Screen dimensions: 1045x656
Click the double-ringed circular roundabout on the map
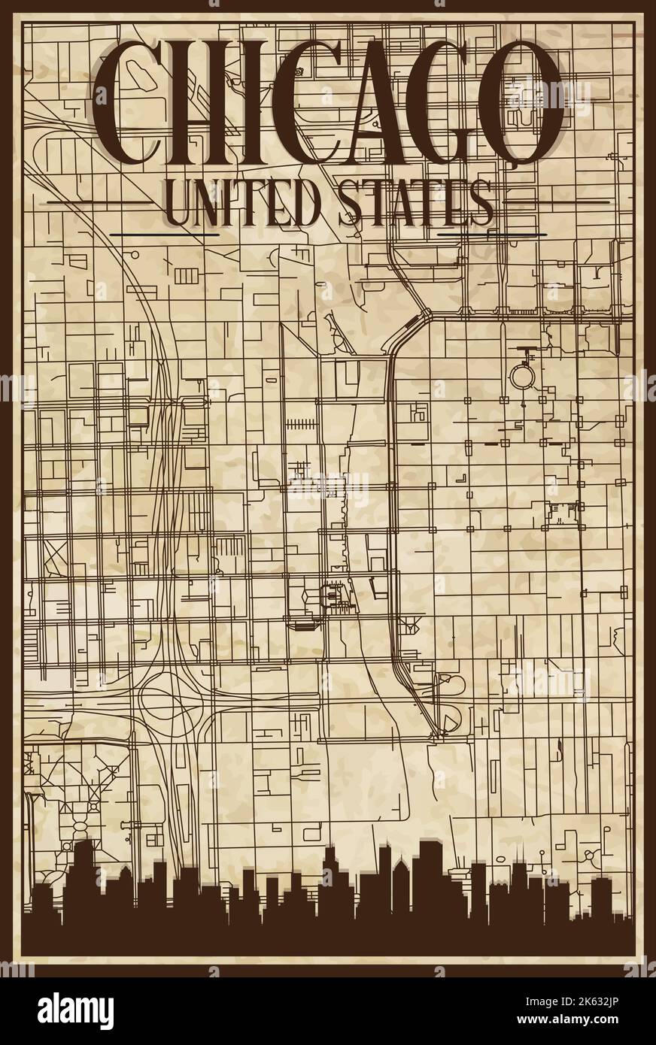521,374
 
